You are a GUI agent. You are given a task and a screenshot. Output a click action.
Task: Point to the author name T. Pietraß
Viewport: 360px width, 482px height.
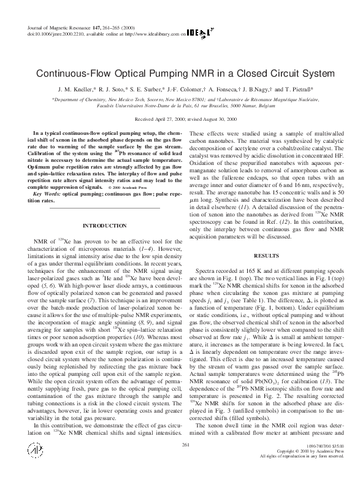(298, 89)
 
